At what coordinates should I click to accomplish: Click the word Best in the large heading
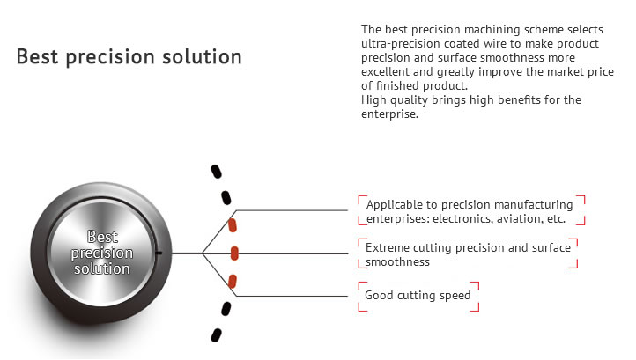click(x=37, y=56)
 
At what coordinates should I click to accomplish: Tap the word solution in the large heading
click(x=202, y=56)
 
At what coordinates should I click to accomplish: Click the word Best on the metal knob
click(x=102, y=237)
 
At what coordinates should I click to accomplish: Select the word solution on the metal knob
click(x=102, y=268)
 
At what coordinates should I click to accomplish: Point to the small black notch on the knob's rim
click(x=159, y=253)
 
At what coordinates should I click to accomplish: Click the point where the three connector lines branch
click(x=203, y=253)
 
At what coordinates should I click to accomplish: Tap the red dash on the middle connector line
click(x=234, y=253)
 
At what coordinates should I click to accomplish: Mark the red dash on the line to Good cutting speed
click(x=232, y=281)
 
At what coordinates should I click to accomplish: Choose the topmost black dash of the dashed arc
click(x=216, y=172)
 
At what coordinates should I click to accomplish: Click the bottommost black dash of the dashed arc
click(x=216, y=334)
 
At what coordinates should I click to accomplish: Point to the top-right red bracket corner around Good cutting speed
click(x=478, y=283)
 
